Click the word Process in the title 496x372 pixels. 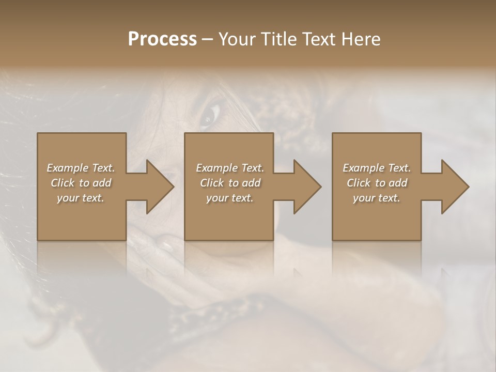coord(162,39)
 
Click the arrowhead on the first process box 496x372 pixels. coord(158,187)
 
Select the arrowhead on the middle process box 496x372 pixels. coord(305,187)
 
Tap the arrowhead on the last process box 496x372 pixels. coord(453,187)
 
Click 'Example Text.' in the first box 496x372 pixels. coord(81,168)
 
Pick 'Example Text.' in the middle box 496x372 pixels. coord(230,168)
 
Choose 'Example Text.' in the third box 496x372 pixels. coord(377,168)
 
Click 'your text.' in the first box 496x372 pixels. coord(81,198)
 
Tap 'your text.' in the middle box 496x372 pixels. coord(230,198)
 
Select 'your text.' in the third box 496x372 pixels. coord(377,198)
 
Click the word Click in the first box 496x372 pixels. coord(63,183)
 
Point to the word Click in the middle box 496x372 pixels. coord(212,183)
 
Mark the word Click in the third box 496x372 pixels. coord(359,183)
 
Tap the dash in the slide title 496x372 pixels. coord(207,40)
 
